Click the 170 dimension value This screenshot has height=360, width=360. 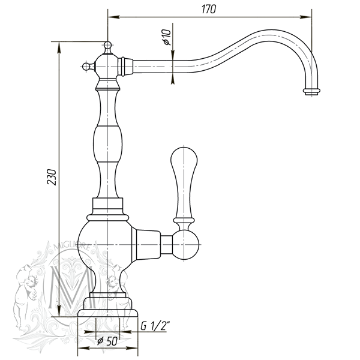click(x=209, y=9)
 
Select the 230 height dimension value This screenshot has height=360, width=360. click(x=52, y=177)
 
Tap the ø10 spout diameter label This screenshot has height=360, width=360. click(x=167, y=37)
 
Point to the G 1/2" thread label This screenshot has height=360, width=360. click(x=155, y=326)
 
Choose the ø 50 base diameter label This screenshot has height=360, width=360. click(x=107, y=341)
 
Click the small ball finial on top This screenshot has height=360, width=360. click(x=107, y=45)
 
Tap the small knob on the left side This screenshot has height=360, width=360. click(x=86, y=67)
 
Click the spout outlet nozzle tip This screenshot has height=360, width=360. click(x=311, y=91)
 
